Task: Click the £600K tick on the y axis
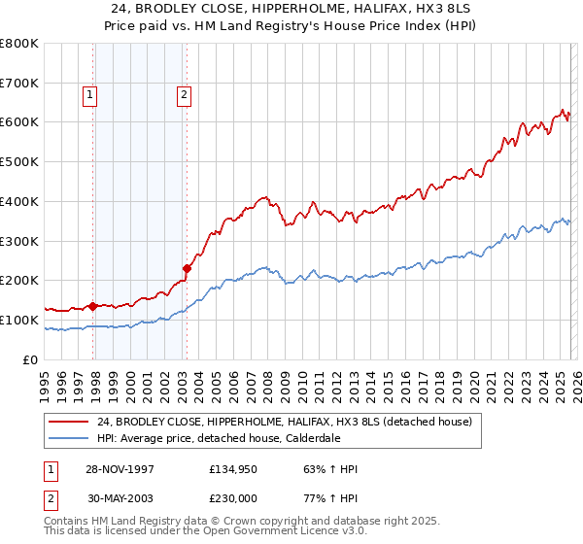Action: [x=19, y=122]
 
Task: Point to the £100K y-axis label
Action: [x=19, y=320]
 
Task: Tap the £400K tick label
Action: [x=19, y=201]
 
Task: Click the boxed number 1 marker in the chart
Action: [x=89, y=95]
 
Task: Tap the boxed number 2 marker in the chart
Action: [x=184, y=95]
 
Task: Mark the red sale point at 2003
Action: [x=187, y=268]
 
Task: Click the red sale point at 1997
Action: [x=93, y=306]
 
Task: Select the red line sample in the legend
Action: [x=69, y=422]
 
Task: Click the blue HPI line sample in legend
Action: [x=69, y=437]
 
